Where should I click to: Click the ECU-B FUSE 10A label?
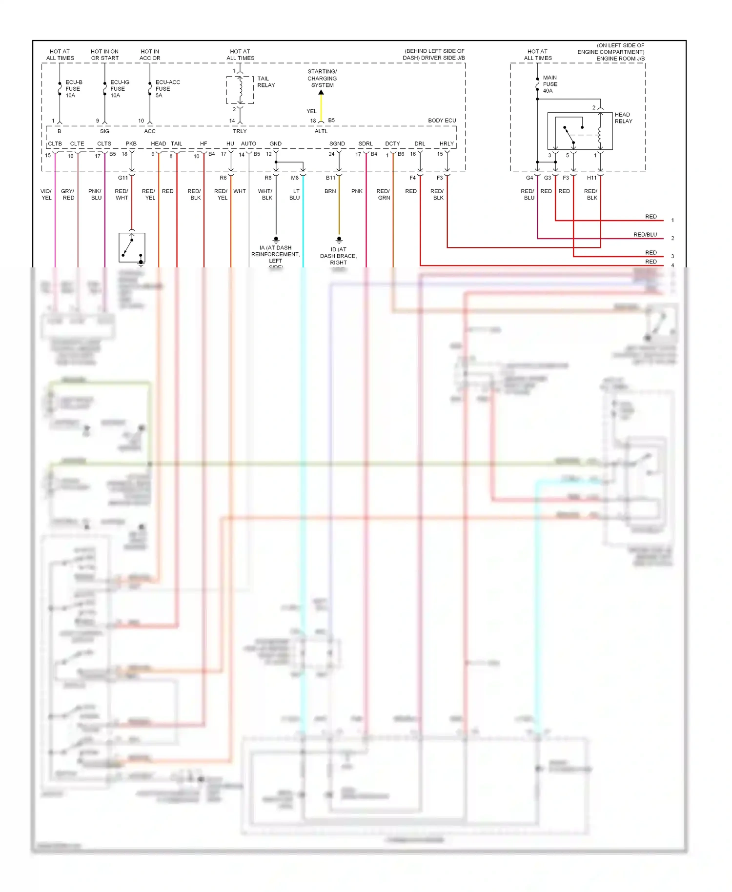pos(73,89)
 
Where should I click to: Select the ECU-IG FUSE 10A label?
pos(119,89)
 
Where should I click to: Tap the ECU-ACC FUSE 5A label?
pos(167,89)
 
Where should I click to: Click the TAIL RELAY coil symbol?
pos(240,90)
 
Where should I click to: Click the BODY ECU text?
pos(442,121)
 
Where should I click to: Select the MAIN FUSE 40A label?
pos(549,84)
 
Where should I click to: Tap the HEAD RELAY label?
pos(623,118)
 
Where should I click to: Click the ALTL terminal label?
pos(321,131)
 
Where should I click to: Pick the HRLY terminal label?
pos(446,144)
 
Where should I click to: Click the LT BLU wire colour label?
pos(295,194)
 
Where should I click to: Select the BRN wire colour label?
pos(330,191)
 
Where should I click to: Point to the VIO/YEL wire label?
pos(46,194)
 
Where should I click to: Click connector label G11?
pos(123,178)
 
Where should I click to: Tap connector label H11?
pos(591,178)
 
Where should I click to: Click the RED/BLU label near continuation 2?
pos(645,235)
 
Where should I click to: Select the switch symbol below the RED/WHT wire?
pos(132,247)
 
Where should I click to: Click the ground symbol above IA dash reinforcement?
pos(276,240)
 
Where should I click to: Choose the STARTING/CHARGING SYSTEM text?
pos(322,78)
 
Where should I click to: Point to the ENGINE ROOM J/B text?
pos(620,59)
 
